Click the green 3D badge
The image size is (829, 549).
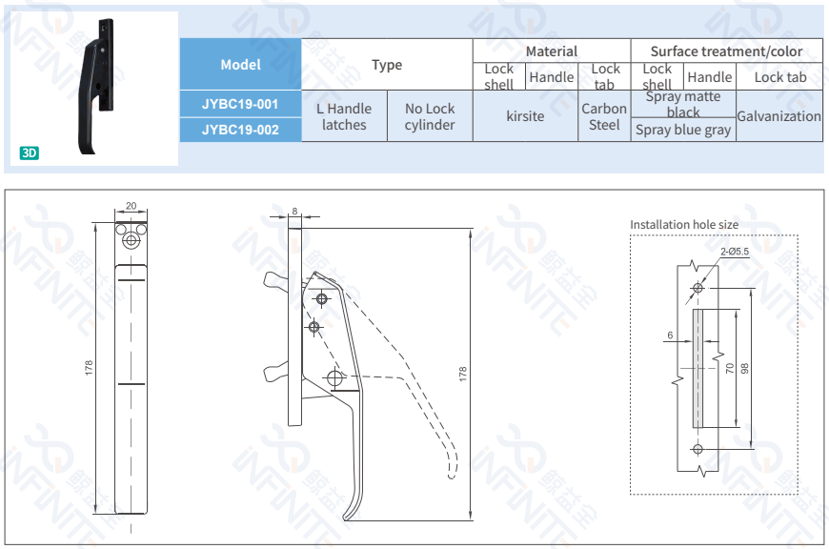(x=30, y=152)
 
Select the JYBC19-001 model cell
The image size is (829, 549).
(x=240, y=104)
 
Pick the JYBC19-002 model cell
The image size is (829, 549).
(x=240, y=130)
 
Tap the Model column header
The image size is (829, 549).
(x=240, y=65)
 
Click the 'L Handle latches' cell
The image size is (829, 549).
(x=344, y=116)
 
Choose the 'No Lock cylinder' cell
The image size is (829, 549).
(x=429, y=116)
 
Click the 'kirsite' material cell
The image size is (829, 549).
(x=525, y=116)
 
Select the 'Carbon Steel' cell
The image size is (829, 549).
(x=604, y=116)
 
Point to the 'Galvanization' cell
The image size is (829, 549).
(x=778, y=116)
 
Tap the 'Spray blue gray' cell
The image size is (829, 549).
(x=683, y=130)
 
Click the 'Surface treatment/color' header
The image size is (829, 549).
(x=726, y=51)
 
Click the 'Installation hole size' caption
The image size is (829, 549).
(x=683, y=225)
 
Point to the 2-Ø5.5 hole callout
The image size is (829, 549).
(x=735, y=252)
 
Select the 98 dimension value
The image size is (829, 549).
(x=745, y=368)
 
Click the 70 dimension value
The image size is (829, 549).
(x=730, y=368)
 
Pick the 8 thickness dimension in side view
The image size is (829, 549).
(x=294, y=211)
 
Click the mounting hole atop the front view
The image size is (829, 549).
(x=131, y=242)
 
